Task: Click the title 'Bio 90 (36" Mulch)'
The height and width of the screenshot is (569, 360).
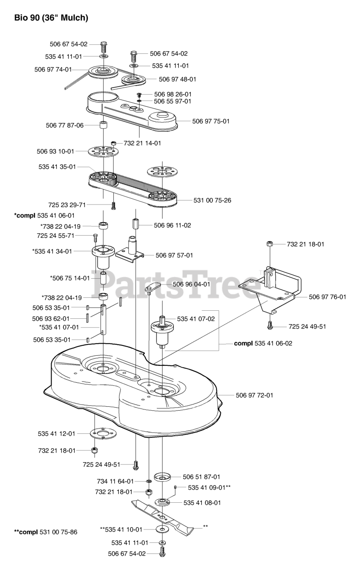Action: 51,18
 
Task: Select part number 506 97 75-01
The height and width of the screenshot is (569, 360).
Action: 211,121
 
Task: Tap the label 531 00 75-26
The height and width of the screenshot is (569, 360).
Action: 212,200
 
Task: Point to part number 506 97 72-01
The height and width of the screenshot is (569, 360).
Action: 254,395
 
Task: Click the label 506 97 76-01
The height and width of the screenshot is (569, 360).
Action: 327,297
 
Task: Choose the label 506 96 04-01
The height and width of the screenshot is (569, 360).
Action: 191,284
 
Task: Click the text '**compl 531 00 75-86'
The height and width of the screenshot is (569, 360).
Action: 45,532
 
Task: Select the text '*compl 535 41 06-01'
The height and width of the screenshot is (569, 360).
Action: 44,215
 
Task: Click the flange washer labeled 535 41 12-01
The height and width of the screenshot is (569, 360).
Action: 103,433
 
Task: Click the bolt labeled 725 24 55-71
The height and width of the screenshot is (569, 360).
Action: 95,236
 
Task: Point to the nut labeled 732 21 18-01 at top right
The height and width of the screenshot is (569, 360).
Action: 269,244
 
